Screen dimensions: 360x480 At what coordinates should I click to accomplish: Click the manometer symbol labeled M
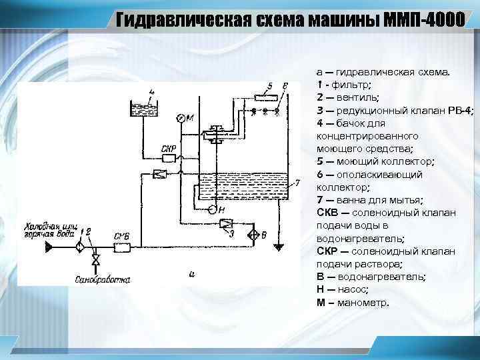coord(180,118)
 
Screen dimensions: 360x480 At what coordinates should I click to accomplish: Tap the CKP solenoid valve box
coord(169,158)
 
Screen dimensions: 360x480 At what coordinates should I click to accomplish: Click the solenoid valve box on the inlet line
coord(122,247)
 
